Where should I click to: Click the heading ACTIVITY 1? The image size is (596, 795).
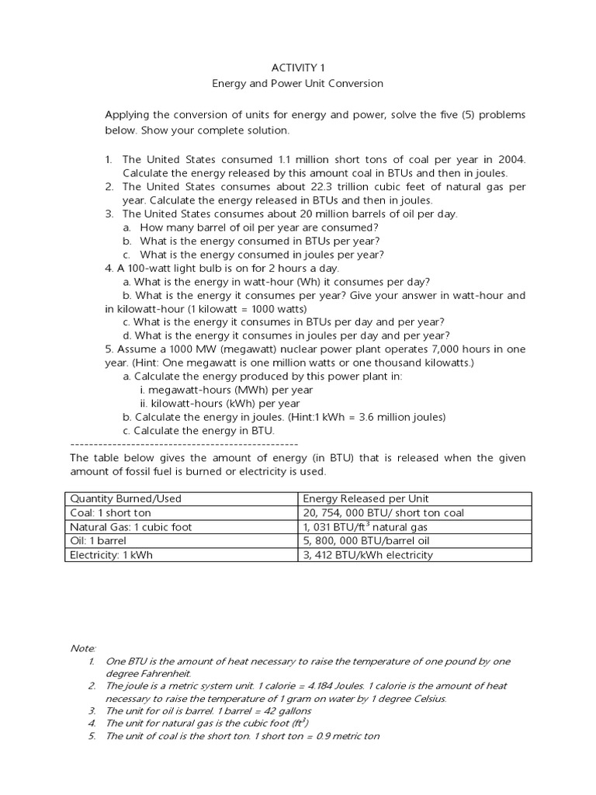tap(297, 68)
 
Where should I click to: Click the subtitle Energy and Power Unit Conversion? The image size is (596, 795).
tap(298, 83)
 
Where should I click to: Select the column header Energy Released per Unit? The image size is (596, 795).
tap(366, 498)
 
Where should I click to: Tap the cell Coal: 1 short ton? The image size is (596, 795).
tap(110, 512)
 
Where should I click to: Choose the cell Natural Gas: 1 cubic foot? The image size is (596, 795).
tap(130, 526)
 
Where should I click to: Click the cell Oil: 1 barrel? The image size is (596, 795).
tap(98, 540)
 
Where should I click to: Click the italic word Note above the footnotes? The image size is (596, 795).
tap(82, 647)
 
